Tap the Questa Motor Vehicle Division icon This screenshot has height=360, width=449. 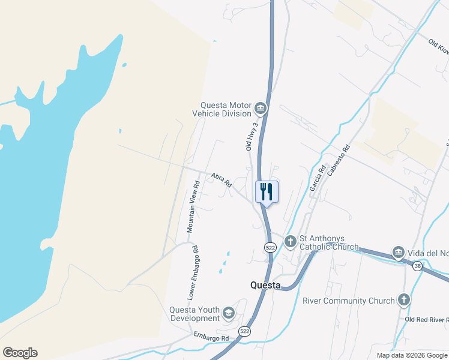tap(260, 109)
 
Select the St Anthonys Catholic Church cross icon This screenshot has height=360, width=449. tap(291, 242)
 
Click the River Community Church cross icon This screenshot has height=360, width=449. tap(404, 300)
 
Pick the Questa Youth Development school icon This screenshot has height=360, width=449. tap(228, 313)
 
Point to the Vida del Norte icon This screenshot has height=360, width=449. tap(397, 253)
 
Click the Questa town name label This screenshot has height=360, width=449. tap(265, 286)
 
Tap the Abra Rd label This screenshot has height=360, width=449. tap(221, 180)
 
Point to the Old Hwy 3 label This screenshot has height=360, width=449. tap(252, 136)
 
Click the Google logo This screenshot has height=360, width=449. tap(20, 353)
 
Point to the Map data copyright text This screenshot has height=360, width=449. tap(411, 355)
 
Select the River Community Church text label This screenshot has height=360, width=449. tap(349, 301)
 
